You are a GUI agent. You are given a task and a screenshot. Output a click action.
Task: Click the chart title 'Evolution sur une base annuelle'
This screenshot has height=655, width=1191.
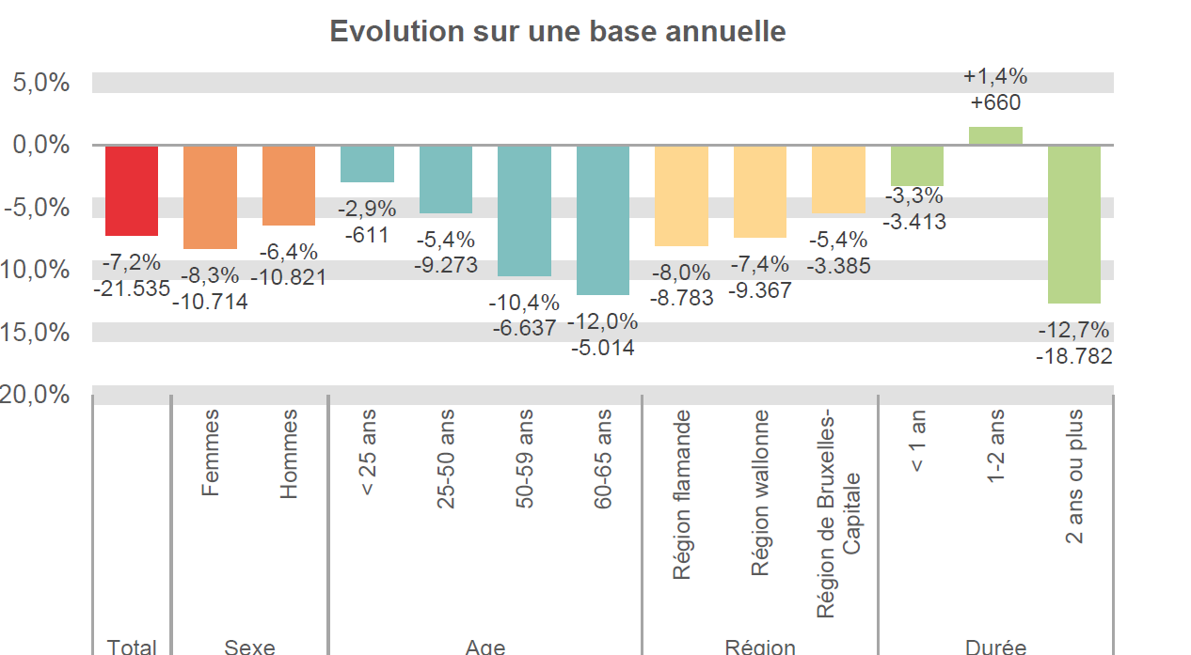coord(558,31)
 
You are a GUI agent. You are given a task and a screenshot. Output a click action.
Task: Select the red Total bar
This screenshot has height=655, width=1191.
coord(132,190)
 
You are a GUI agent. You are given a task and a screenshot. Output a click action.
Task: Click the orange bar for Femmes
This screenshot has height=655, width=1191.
coord(210,196)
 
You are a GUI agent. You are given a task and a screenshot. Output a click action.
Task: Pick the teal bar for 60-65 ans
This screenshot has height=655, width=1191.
coord(603,220)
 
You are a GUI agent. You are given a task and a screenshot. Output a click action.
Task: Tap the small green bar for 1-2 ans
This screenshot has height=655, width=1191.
coord(995,136)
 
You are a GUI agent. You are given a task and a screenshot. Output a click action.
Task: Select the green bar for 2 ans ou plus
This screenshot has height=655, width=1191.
coord(1073,224)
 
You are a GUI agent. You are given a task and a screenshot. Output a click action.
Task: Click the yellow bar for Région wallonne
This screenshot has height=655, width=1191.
coord(760,192)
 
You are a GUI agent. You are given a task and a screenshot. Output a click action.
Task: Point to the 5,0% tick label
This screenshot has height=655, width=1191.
coord(41,83)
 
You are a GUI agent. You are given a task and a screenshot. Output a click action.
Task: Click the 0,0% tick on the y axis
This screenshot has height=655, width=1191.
coord(41,145)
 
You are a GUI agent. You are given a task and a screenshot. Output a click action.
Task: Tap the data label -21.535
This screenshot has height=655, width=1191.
coord(132,289)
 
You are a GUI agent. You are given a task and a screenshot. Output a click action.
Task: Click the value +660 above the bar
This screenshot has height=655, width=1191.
coord(995,102)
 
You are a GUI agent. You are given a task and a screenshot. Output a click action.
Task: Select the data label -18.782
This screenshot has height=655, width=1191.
coord(1073,356)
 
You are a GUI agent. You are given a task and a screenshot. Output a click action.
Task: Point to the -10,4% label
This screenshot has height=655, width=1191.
coord(524,303)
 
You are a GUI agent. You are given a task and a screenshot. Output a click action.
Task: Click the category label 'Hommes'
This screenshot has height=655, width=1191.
coord(289,453)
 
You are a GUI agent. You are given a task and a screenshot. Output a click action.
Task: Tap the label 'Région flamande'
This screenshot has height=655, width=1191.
coord(682,494)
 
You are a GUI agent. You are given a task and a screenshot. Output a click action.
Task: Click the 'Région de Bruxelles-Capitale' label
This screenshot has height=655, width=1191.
coord(839,513)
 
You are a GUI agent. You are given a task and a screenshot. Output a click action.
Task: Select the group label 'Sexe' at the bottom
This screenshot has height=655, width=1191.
coord(249,647)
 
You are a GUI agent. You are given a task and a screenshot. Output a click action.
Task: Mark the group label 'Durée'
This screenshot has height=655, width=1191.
coord(995,647)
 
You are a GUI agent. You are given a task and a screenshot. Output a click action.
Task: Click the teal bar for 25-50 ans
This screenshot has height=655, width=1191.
coord(446,179)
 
